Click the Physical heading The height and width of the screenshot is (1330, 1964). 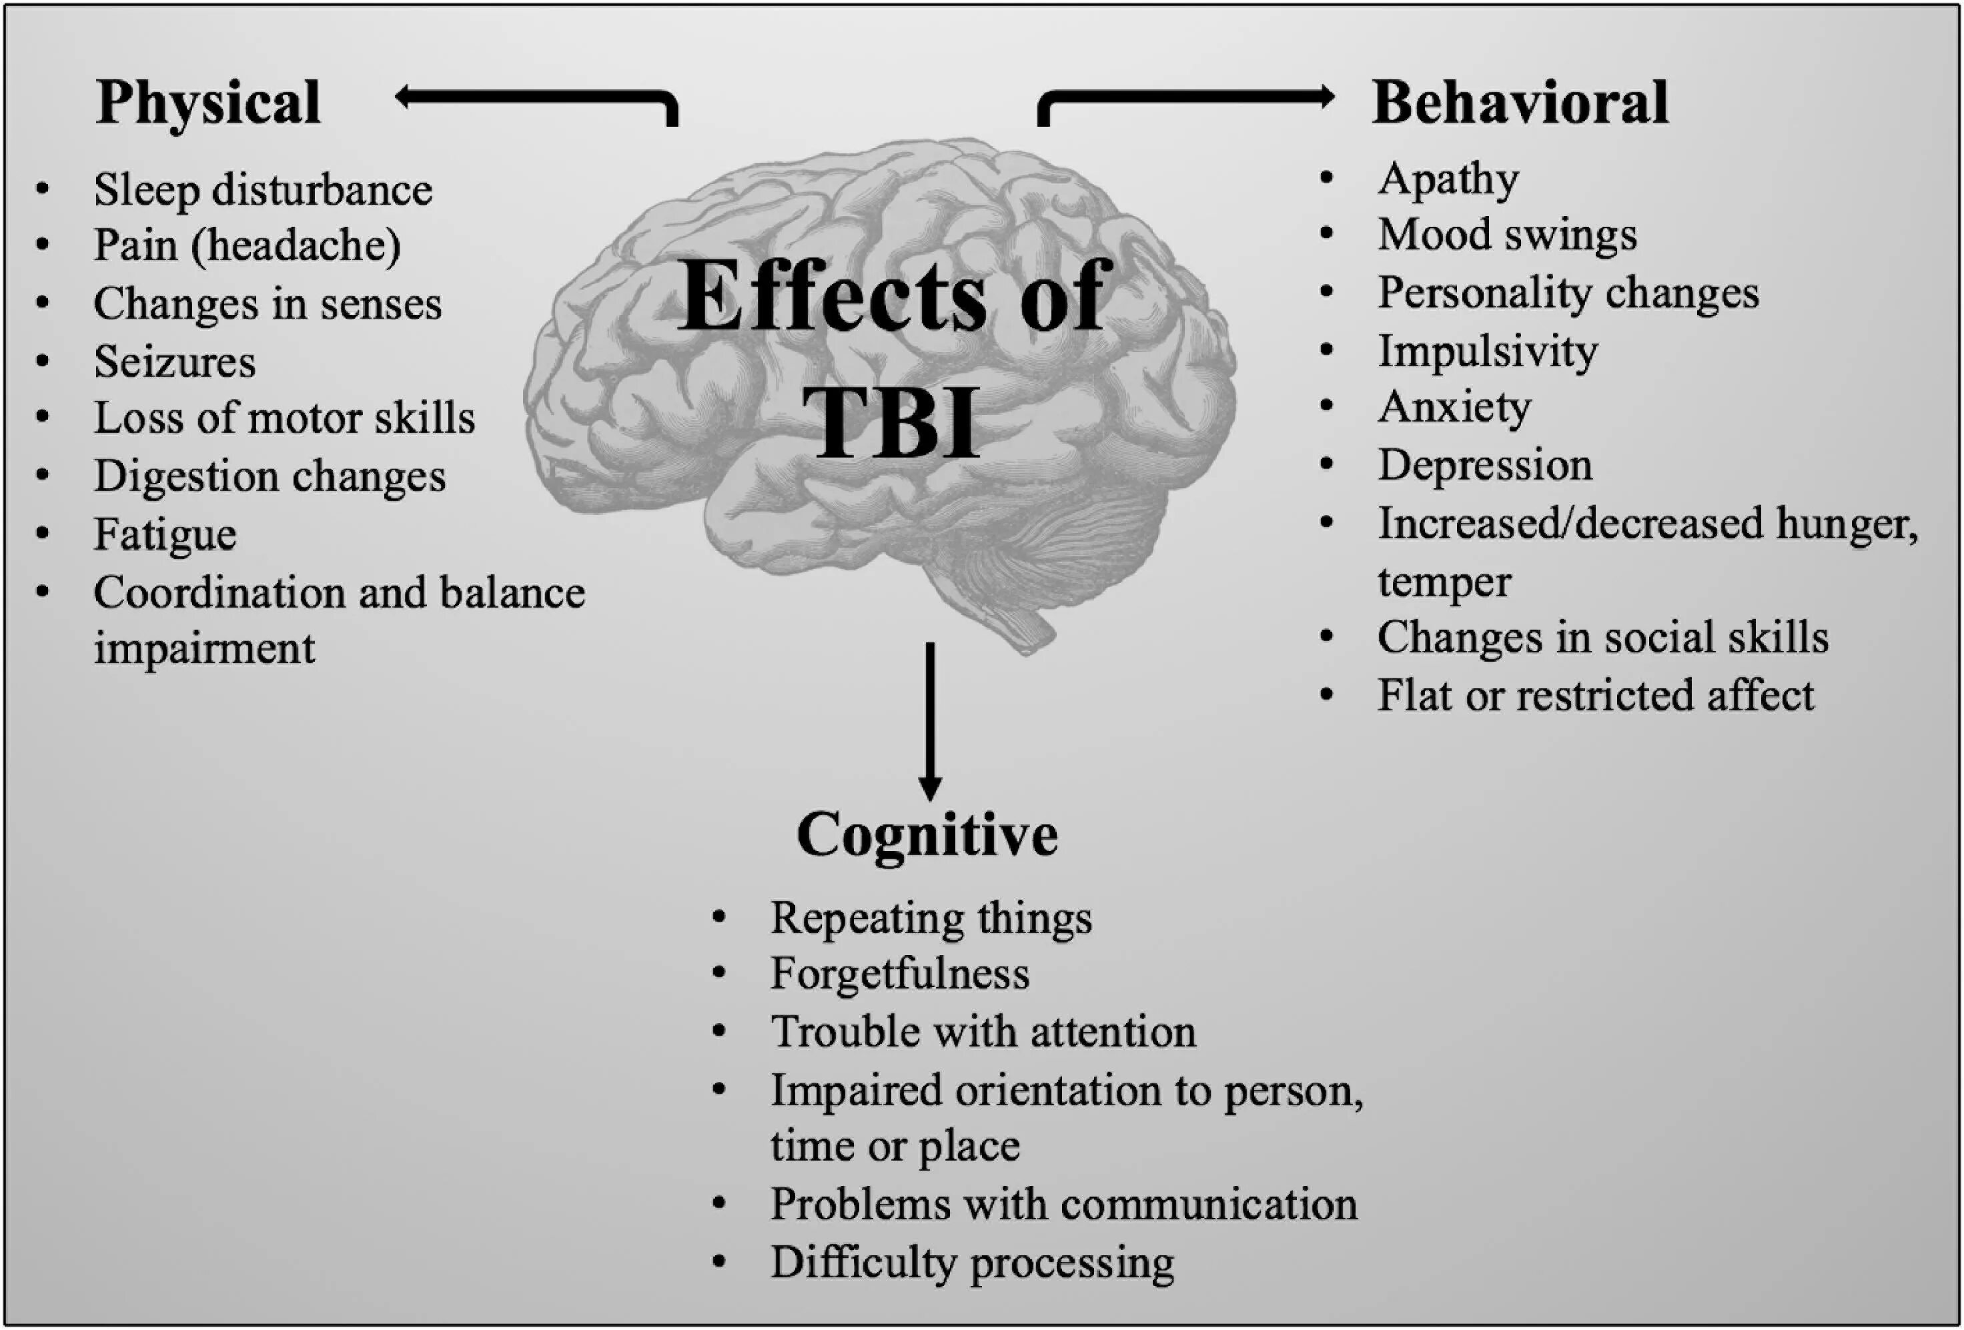208,102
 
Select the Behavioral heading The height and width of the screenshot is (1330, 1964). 1520,102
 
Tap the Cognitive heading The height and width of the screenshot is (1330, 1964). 927,835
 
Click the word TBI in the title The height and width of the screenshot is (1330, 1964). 893,422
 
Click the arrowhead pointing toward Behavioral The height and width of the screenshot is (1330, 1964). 1325,97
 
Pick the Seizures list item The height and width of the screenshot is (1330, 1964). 174,362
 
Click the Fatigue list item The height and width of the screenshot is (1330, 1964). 165,534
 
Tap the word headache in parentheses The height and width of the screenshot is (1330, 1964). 296,246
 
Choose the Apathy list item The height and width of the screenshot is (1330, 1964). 1448,179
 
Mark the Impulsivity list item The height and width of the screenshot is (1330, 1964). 1488,351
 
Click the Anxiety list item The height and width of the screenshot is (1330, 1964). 1454,408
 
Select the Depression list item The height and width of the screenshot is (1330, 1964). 1485,465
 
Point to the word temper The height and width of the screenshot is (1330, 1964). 1444,582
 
